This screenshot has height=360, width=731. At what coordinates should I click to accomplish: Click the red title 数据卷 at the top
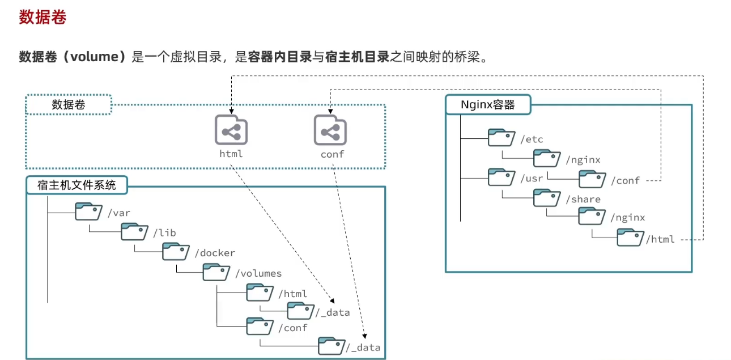tap(42, 18)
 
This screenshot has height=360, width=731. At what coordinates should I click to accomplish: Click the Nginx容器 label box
tap(488, 105)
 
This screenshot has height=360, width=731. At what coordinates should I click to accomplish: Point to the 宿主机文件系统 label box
tap(76, 185)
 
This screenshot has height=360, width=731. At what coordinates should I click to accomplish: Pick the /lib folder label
tap(164, 232)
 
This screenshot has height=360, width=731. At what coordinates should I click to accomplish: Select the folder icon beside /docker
tap(175, 252)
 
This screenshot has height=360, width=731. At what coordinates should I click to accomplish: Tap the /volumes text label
tap(258, 273)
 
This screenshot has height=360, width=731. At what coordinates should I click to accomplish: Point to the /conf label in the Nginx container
tap(625, 181)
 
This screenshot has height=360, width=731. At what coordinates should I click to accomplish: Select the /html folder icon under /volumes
tap(259, 293)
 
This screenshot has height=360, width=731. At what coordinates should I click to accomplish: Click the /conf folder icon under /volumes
tap(259, 327)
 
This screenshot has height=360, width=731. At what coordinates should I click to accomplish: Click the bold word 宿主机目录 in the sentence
tap(358, 57)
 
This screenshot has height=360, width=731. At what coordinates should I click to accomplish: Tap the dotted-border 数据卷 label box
tap(69, 105)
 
